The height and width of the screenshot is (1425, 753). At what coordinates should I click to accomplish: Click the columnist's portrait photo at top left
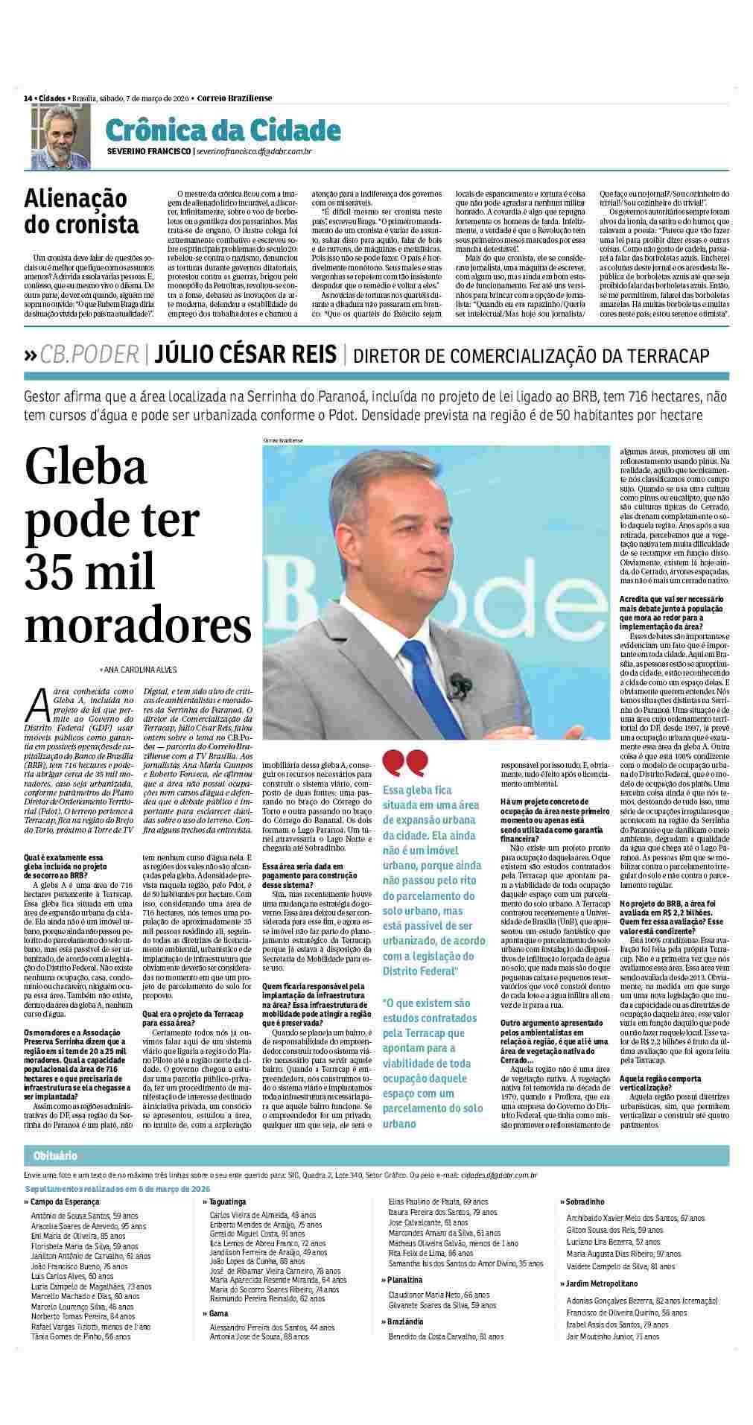click(x=60, y=136)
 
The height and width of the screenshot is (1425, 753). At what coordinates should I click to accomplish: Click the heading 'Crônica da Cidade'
click(x=223, y=131)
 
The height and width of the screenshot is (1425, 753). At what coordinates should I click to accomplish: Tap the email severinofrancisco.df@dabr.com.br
click(x=253, y=152)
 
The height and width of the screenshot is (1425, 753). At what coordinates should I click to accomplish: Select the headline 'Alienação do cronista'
click(x=81, y=211)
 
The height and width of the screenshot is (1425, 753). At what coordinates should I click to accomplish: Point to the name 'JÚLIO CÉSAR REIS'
click(x=245, y=355)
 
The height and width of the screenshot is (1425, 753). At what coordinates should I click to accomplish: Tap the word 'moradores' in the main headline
click(x=138, y=626)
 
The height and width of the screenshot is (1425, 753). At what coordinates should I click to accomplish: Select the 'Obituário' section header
click(x=55, y=1155)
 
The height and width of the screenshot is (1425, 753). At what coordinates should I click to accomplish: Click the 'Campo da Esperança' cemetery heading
click(x=64, y=1202)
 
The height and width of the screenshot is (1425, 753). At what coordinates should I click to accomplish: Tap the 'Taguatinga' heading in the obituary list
click(x=229, y=1202)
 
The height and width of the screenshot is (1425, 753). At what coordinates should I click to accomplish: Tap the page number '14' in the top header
click(x=28, y=98)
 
